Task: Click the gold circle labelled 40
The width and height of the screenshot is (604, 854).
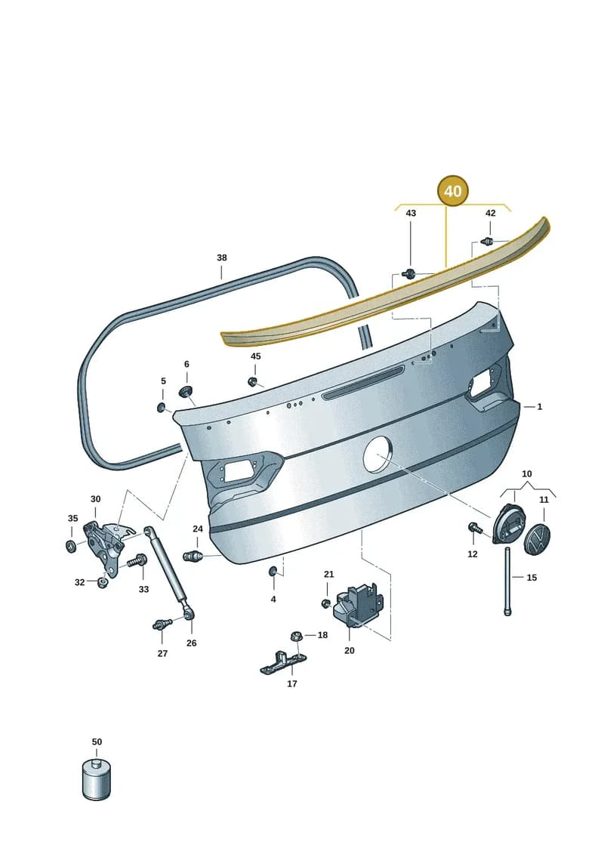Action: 452,191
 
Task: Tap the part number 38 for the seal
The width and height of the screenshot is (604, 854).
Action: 222,257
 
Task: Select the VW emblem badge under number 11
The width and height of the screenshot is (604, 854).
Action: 537,538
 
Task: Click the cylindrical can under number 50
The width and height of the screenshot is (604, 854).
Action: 96,778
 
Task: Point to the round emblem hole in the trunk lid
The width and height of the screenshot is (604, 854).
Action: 378,454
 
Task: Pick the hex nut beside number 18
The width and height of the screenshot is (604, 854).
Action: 297,636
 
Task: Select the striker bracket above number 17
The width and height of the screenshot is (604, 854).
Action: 282,662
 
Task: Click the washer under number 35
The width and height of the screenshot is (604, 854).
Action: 71,545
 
